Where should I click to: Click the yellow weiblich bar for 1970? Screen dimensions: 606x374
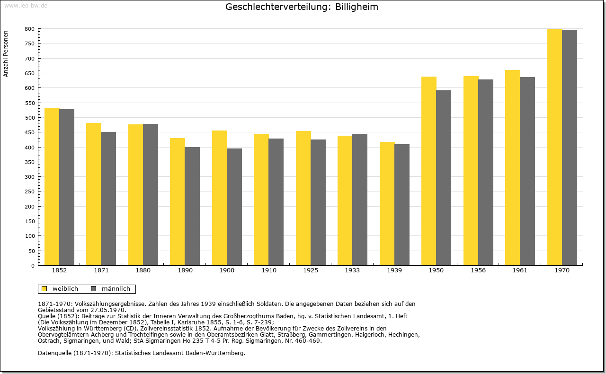click(x=554, y=147)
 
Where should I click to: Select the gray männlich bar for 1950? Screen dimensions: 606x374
click(x=444, y=178)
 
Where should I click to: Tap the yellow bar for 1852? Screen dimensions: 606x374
click(x=52, y=187)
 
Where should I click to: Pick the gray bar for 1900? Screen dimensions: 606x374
click(x=234, y=207)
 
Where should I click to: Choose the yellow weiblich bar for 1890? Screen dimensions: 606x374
click(x=178, y=202)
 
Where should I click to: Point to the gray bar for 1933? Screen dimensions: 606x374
click(x=360, y=200)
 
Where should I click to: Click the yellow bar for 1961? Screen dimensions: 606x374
click(x=513, y=168)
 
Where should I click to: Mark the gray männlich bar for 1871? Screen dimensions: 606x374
click(x=108, y=199)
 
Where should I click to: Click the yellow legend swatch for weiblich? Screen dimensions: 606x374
click(x=44, y=289)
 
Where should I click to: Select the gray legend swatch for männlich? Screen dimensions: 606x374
click(x=94, y=289)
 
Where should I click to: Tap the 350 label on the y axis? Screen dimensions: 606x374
click(x=30, y=162)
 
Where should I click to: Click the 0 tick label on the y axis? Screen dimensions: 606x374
click(x=33, y=266)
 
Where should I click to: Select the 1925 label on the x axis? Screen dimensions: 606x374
click(x=311, y=270)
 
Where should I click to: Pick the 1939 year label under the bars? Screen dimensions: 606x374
click(x=394, y=270)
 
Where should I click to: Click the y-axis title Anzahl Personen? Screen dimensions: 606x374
click(x=6, y=54)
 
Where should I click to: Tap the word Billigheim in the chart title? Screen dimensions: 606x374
click(x=356, y=7)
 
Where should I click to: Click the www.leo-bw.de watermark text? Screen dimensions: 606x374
click(x=26, y=6)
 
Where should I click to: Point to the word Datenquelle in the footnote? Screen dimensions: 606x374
click(x=55, y=353)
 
